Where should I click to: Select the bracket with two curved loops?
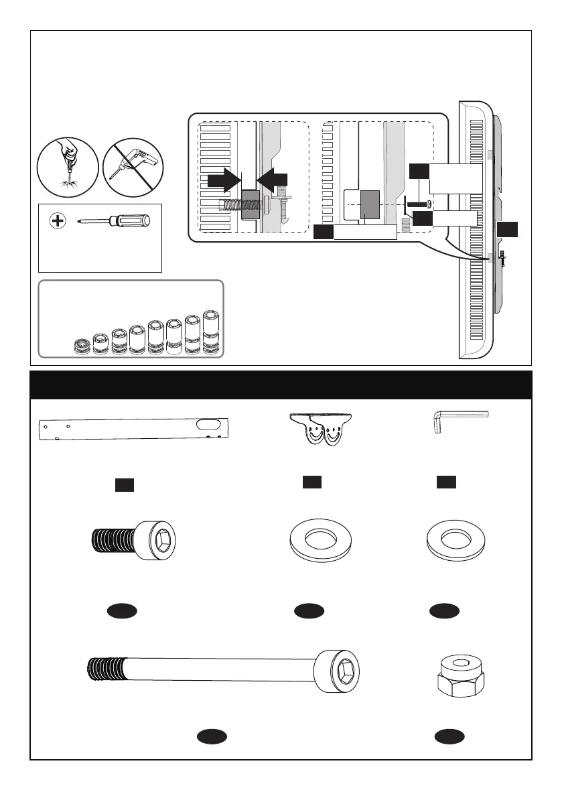tap(322, 428)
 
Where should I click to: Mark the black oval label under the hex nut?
tap(449, 737)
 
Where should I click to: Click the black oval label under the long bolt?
tap(212, 737)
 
